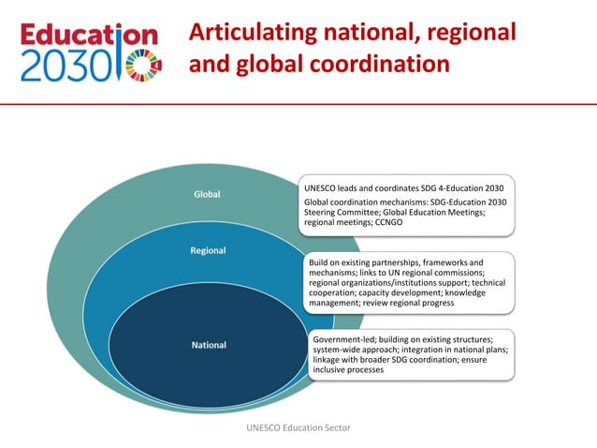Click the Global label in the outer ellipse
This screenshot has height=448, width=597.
(207, 195)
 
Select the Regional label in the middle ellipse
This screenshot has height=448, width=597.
(208, 251)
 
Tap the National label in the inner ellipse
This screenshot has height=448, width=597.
(209, 345)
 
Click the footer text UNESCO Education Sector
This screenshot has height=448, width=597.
(298, 427)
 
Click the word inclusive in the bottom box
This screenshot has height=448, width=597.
(330, 370)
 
